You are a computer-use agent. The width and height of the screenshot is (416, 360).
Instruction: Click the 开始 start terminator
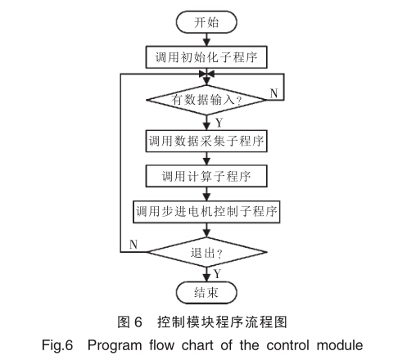click(206, 22)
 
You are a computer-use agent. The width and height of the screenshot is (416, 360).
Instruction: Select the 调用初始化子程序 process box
click(206, 57)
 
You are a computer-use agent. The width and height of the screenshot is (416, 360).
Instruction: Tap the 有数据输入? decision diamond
click(206, 100)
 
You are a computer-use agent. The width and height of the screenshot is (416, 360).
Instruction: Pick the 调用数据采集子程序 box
click(206, 141)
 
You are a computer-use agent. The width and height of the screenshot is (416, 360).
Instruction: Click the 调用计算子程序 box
click(206, 176)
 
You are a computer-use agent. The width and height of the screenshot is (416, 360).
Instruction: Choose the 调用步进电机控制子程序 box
click(206, 212)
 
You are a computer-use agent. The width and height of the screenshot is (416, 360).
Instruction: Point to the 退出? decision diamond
click(206, 252)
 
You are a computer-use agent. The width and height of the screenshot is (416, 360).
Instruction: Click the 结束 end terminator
click(206, 293)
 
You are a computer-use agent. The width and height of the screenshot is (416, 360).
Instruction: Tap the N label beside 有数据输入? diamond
click(274, 93)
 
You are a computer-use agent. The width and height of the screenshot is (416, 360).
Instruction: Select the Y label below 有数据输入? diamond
click(219, 123)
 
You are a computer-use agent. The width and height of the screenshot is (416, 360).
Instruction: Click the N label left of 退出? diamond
click(133, 244)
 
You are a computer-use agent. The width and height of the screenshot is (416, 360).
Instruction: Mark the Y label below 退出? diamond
click(217, 273)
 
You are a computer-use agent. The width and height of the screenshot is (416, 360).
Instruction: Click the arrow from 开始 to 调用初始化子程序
click(206, 39)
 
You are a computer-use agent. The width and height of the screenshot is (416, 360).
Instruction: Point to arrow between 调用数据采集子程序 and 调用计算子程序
click(206, 159)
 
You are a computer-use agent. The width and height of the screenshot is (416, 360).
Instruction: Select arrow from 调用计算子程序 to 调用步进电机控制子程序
click(206, 194)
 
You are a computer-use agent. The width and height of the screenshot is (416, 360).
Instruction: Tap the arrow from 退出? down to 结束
click(206, 274)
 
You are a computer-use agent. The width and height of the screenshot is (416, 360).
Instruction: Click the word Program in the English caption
click(115, 345)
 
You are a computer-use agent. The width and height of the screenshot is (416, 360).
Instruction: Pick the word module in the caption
click(340, 345)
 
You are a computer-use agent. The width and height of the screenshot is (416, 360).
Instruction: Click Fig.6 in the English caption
click(57, 345)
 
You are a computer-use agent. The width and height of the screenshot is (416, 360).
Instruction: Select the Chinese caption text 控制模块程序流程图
click(222, 322)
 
